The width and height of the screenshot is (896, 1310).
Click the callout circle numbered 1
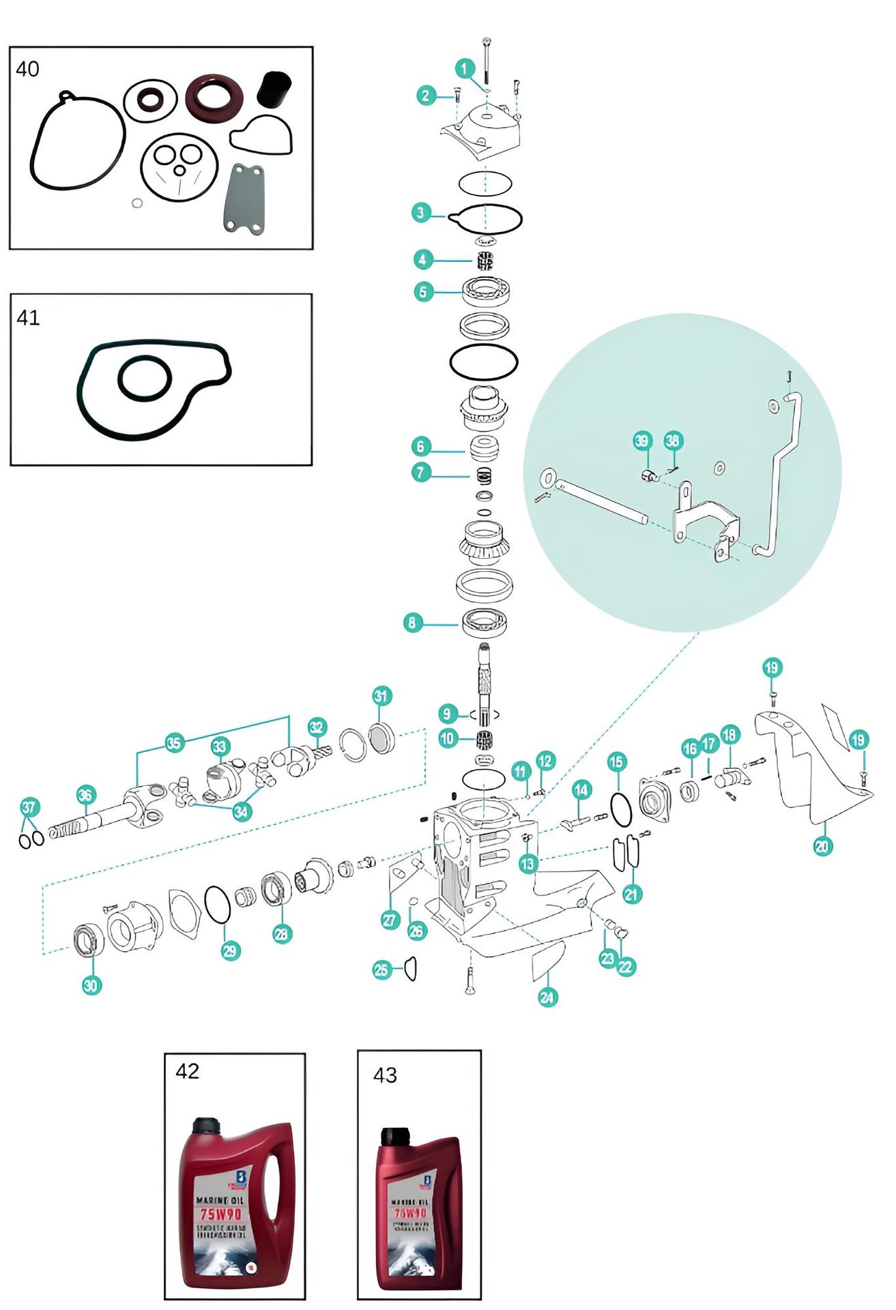(x=465, y=68)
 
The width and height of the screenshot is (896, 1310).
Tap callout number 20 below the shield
(x=822, y=847)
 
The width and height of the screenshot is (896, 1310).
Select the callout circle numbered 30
(x=91, y=985)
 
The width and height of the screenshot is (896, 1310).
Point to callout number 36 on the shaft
(x=85, y=795)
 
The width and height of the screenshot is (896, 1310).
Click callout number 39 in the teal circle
(x=641, y=441)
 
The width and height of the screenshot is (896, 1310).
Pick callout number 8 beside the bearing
(x=412, y=622)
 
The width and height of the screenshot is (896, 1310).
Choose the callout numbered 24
(x=547, y=997)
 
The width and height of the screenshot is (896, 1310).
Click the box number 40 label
(x=27, y=69)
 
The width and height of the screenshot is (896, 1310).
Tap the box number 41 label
(x=28, y=317)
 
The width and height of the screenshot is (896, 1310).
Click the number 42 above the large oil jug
(x=187, y=1071)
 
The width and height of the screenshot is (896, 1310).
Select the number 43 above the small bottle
(x=385, y=1075)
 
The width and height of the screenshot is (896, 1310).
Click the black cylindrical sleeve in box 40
(x=274, y=89)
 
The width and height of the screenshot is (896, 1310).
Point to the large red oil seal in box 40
(x=214, y=96)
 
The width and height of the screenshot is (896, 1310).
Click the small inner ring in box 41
(x=144, y=376)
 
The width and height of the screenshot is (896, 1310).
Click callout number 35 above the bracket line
(x=174, y=742)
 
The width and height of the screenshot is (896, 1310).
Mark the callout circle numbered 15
(x=616, y=762)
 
